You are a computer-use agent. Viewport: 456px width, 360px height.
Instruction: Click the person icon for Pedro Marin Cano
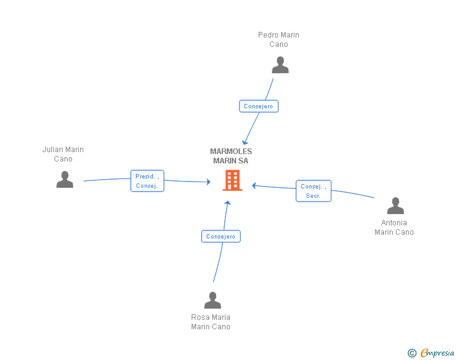(x=280, y=65)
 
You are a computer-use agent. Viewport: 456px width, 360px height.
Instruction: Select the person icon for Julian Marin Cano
(x=65, y=180)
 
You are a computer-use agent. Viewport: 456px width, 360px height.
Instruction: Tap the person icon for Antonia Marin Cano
(x=395, y=205)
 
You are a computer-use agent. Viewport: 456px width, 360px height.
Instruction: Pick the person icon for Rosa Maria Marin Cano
(x=212, y=300)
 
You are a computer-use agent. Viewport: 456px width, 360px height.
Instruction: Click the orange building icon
(x=232, y=180)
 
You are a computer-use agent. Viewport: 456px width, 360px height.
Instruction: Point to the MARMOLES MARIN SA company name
(x=231, y=156)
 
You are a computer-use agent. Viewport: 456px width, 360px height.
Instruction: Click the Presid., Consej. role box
(x=147, y=181)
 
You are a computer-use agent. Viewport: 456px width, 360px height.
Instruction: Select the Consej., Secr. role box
(x=313, y=191)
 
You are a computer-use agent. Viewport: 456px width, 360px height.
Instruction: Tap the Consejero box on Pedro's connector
(x=259, y=106)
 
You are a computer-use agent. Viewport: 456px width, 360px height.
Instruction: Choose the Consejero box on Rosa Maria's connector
(x=220, y=237)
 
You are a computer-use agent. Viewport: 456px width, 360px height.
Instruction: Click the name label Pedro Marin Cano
(x=279, y=39)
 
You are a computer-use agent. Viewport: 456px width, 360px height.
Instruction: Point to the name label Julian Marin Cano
(x=63, y=154)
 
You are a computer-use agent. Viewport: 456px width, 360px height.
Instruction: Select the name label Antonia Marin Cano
(x=394, y=227)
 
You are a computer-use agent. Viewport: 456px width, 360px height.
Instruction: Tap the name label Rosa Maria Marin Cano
(x=210, y=322)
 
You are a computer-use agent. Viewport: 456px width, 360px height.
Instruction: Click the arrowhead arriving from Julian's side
(x=208, y=182)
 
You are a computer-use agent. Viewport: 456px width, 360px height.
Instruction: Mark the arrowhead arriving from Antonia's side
(x=254, y=185)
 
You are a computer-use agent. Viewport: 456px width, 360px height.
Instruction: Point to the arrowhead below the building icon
(x=228, y=203)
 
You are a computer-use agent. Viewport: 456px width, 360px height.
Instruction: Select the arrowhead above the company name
(x=245, y=143)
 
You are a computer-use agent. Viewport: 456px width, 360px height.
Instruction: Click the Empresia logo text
(x=437, y=353)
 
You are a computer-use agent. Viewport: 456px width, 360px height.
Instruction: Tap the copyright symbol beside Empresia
(x=412, y=353)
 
